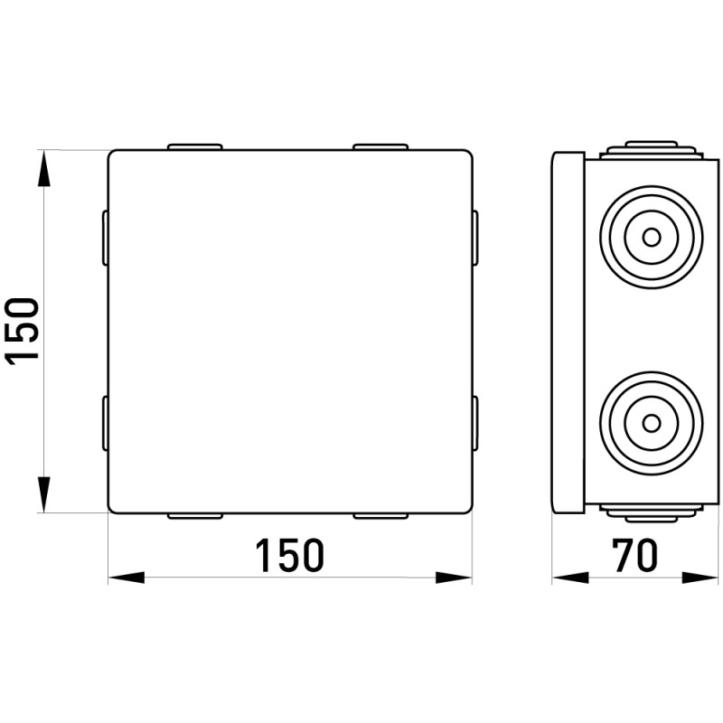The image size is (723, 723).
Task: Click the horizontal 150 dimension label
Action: pos(289,555)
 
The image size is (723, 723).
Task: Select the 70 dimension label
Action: pos(634,555)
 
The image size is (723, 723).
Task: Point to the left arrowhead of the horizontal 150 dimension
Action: pos(126,577)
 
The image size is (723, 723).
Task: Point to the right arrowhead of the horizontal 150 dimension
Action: pos(454,577)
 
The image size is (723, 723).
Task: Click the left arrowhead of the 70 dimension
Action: pos(570,577)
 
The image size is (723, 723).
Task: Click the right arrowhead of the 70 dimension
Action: pos(700,577)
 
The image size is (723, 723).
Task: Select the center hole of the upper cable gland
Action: pos(651,238)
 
